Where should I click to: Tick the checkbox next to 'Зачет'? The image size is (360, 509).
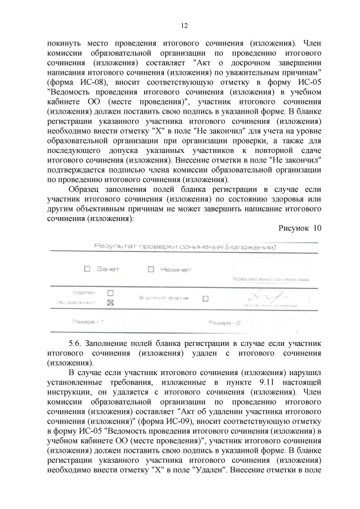[x=88, y=269]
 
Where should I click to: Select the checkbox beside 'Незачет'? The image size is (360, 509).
[x=151, y=269]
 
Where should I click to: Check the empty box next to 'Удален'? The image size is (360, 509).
[x=110, y=292]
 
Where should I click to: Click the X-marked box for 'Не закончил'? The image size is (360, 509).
[x=110, y=303]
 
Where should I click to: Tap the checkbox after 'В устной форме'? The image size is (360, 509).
[x=205, y=298]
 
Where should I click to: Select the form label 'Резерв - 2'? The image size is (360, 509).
[x=224, y=323]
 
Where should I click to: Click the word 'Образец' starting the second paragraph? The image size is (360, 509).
[x=87, y=189]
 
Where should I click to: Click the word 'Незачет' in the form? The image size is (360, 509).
[x=176, y=269]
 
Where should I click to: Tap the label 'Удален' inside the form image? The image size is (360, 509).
[x=84, y=292]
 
